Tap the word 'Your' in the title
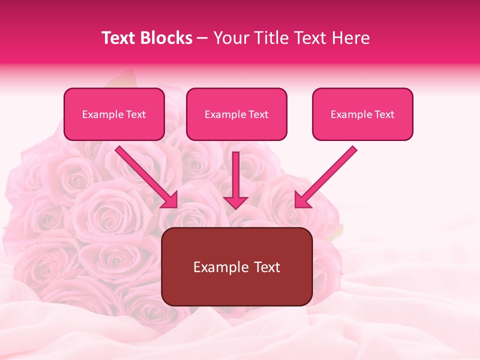click(232, 38)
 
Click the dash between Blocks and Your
click(203, 38)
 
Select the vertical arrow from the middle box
click(235, 175)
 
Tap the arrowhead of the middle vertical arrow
click(235, 202)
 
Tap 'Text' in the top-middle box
click(258, 114)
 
